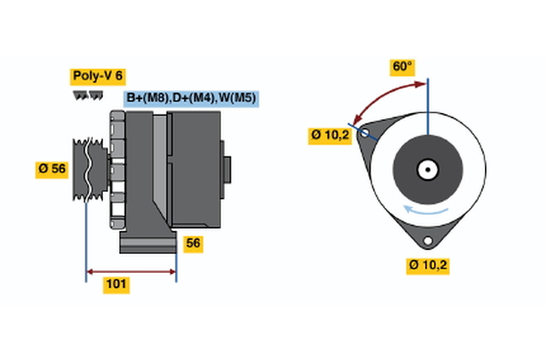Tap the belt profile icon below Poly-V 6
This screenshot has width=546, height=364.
86,96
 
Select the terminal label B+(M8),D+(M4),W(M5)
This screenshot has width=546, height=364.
191,97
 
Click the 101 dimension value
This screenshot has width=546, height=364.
116,285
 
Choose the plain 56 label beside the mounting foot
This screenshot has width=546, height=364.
193,243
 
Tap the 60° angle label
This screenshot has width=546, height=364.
401,66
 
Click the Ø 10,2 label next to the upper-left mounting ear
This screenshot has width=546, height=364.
329,136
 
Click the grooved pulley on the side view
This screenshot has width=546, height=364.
89,168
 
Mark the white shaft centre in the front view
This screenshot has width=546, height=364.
427,168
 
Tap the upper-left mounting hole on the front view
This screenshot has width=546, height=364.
366,133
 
